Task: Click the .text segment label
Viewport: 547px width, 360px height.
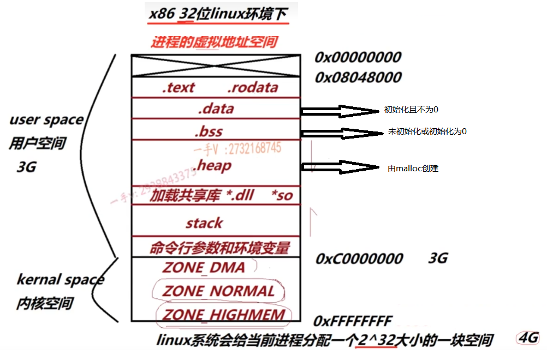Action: click(179, 87)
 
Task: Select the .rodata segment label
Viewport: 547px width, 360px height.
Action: click(252, 87)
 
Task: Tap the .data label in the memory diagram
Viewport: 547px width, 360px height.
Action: click(216, 109)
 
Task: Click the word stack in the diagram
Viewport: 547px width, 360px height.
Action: click(204, 223)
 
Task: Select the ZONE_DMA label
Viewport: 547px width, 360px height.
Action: click(204, 267)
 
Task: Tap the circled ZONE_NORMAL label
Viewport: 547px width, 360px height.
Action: click(218, 291)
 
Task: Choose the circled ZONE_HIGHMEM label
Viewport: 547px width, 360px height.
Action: click(224, 315)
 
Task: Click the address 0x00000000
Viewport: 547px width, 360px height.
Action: click(358, 57)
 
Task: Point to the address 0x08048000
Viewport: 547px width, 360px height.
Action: click(358, 77)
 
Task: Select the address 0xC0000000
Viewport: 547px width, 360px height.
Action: click(359, 259)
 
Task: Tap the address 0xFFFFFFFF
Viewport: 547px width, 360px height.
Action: click(353, 320)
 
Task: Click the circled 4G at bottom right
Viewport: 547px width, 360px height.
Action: click(527, 337)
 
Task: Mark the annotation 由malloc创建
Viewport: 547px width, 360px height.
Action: click(413, 169)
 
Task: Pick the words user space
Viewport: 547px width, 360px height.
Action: click(46, 119)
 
